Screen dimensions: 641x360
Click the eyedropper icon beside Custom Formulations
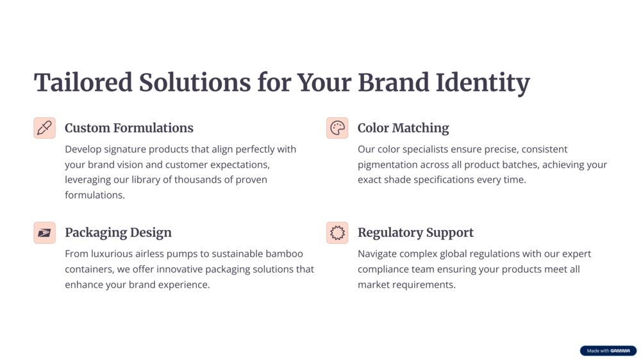[x=45, y=128]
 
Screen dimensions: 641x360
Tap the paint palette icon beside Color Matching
[x=337, y=128]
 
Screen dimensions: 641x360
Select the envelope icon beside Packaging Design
[x=45, y=233]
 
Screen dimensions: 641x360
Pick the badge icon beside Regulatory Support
[x=337, y=233]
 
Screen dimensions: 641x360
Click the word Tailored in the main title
[x=83, y=82]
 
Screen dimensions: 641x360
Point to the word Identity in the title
[x=483, y=83]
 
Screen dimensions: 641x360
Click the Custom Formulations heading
[x=129, y=128]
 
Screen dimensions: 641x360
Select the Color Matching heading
[x=403, y=128]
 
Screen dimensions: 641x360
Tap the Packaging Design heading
[x=118, y=233]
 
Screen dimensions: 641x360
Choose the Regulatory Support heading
[x=415, y=233]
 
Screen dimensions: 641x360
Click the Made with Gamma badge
[x=608, y=350]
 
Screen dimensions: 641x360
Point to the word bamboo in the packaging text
[x=284, y=254]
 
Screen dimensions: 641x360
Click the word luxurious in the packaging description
[x=112, y=254]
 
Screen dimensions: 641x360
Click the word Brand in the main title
[x=394, y=82]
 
